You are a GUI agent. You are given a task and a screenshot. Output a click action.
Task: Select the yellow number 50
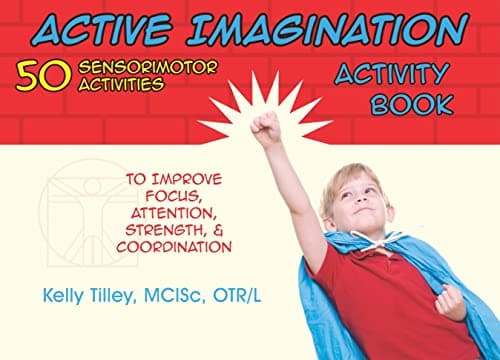38,77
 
